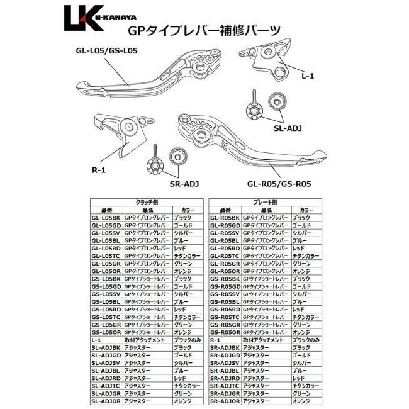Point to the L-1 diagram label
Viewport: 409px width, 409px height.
[308, 76]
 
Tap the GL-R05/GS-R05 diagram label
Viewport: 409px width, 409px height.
[280, 184]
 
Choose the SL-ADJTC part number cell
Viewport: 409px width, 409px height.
[104, 386]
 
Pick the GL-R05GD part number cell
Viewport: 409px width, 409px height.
[225, 225]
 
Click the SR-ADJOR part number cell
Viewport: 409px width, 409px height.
[225, 401]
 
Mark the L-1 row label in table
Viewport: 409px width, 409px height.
[96, 340]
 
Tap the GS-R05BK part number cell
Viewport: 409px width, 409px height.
[225, 279]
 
